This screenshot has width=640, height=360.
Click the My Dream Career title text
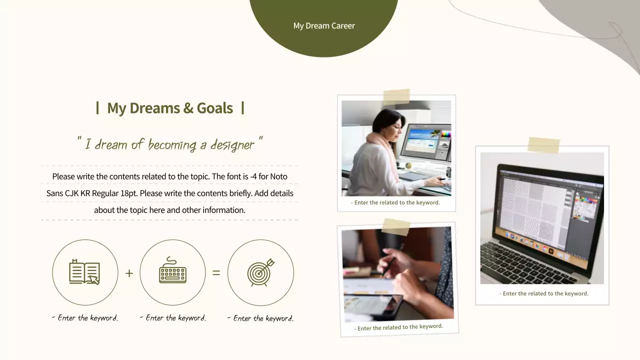(x=324, y=26)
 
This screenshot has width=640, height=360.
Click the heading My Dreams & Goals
(x=170, y=108)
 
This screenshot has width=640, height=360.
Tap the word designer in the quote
(x=232, y=145)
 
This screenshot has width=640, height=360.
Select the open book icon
(x=84, y=272)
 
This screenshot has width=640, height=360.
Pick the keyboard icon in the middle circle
(x=172, y=272)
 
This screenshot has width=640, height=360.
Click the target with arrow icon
(x=260, y=272)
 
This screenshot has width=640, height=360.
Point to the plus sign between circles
(x=129, y=273)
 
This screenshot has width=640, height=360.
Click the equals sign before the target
(x=216, y=273)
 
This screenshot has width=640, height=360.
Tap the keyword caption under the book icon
(x=85, y=318)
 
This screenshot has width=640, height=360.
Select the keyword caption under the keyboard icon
(x=173, y=318)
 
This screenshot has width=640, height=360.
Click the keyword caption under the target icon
(x=260, y=318)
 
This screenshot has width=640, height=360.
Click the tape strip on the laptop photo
(x=543, y=144)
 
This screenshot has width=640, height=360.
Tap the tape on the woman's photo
(x=396, y=96)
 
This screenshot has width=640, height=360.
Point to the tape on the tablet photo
(x=396, y=226)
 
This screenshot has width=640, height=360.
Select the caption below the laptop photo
(x=543, y=293)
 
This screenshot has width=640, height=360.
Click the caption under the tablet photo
(x=398, y=327)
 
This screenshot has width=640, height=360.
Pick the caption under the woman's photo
(x=395, y=202)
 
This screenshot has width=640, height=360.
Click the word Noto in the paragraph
(x=279, y=176)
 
